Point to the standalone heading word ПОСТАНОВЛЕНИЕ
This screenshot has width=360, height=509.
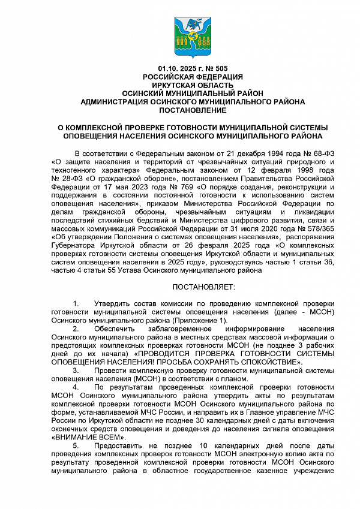(x=193, y=110)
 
